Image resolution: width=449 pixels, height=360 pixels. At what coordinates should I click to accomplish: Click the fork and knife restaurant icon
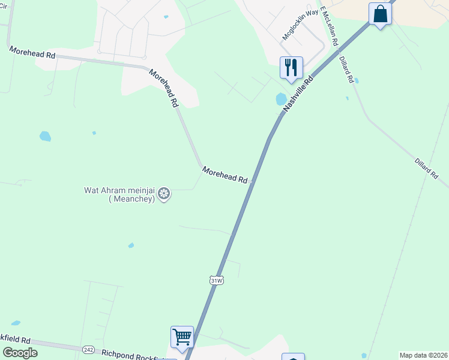click(291, 67)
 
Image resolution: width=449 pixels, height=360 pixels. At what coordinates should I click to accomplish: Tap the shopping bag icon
click(381, 13)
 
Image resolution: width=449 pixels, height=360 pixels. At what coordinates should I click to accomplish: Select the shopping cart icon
click(182, 336)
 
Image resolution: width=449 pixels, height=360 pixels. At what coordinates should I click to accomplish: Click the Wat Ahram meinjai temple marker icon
click(164, 193)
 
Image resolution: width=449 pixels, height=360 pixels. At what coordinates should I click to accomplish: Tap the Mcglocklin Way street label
click(301, 25)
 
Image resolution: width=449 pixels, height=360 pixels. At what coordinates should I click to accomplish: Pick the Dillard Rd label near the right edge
click(426, 167)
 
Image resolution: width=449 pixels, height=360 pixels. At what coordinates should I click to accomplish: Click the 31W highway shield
click(217, 280)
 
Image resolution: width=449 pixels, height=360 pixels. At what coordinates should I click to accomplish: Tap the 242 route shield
click(89, 349)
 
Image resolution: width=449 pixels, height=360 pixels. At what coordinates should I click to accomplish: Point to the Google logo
click(20, 353)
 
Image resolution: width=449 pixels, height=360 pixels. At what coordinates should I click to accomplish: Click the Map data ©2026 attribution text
click(423, 355)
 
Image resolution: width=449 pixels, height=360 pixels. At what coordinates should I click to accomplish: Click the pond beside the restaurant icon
click(281, 99)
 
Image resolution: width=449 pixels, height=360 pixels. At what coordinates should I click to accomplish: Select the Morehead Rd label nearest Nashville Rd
click(225, 175)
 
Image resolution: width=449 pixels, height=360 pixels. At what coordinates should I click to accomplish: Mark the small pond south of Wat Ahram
click(131, 245)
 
